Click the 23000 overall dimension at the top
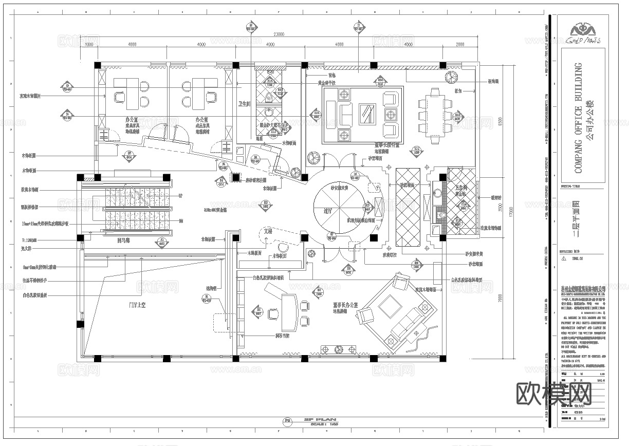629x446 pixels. tap(279, 34)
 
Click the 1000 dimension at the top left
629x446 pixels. tap(88, 45)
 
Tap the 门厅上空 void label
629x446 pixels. tap(137, 305)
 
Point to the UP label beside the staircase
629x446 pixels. tap(180, 196)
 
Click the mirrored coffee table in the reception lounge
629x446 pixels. tap(367, 113)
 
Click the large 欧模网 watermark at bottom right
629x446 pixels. tap(553, 393)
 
